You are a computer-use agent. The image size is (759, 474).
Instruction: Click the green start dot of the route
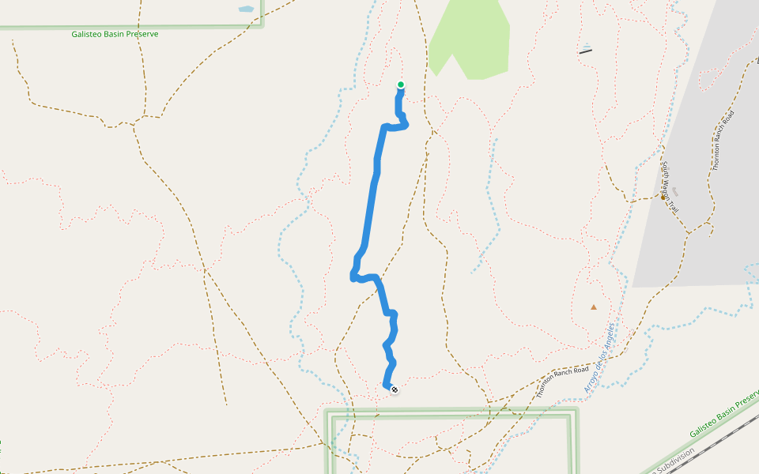click(401, 85)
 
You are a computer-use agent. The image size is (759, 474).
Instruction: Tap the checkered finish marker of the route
click(394, 389)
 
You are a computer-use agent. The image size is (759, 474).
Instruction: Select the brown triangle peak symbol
click(594, 307)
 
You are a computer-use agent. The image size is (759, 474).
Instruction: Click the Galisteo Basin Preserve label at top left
click(115, 35)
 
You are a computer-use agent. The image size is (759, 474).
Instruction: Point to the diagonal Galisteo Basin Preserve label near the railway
click(723, 414)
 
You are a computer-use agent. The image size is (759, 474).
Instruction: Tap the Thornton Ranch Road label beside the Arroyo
click(562, 382)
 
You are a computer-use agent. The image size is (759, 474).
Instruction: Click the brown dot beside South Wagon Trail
click(663, 197)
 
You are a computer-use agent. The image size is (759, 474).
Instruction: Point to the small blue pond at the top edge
click(246, 9)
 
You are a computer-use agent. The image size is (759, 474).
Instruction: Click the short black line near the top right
click(585, 51)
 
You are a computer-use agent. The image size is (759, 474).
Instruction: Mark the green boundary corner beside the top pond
click(262, 25)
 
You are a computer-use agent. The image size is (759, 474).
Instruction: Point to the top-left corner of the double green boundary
click(329, 412)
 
